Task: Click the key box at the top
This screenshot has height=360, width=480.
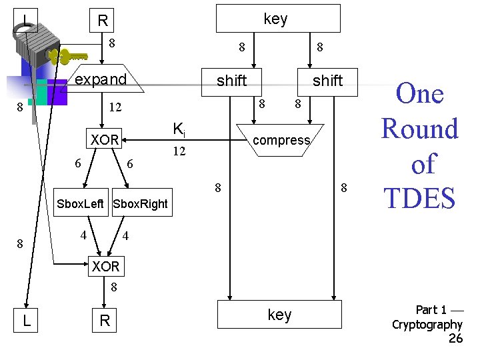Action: click(x=277, y=19)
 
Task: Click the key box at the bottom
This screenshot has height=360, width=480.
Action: click(x=279, y=315)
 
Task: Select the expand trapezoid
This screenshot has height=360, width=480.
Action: click(x=100, y=80)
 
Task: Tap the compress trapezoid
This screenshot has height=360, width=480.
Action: click(x=281, y=140)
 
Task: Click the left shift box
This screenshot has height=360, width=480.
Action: click(x=231, y=81)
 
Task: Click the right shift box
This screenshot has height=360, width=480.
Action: click(x=327, y=81)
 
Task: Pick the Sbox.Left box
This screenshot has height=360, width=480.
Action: click(x=81, y=204)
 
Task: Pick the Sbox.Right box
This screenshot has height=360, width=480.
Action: click(x=141, y=204)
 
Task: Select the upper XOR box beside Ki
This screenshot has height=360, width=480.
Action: click(x=105, y=140)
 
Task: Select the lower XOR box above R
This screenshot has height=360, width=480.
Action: click(x=105, y=267)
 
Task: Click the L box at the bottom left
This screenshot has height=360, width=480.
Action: click(x=26, y=320)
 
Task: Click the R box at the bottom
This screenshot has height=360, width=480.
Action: click(x=105, y=320)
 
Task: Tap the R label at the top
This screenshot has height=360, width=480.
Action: click(x=103, y=21)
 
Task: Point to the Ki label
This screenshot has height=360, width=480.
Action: click(x=179, y=129)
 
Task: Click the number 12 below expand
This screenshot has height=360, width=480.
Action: click(x=115, y=107)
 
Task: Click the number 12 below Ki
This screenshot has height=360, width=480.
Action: click(x=179, y=152)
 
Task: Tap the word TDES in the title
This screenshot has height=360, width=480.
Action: click(x=419, y=199)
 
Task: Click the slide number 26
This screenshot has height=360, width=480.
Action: click(x=455, y=339)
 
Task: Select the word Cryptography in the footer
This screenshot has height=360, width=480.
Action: click(x=427, y=325)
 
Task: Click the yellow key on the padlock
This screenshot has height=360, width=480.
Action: click(x=73, y=55)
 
